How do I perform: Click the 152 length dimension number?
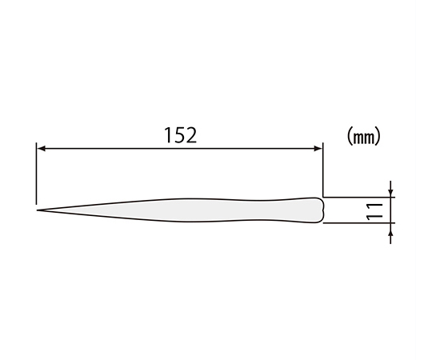point(181,135)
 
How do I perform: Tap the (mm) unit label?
point(363,136)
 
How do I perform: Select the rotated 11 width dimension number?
point(374,211)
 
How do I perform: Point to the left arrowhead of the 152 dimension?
point(42,149)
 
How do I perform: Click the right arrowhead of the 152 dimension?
point(318,149)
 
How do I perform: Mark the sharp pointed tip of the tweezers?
point(38,210)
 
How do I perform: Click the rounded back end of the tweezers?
point(322,210)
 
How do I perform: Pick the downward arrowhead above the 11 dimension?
point(390,193)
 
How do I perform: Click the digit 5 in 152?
point(180,135)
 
